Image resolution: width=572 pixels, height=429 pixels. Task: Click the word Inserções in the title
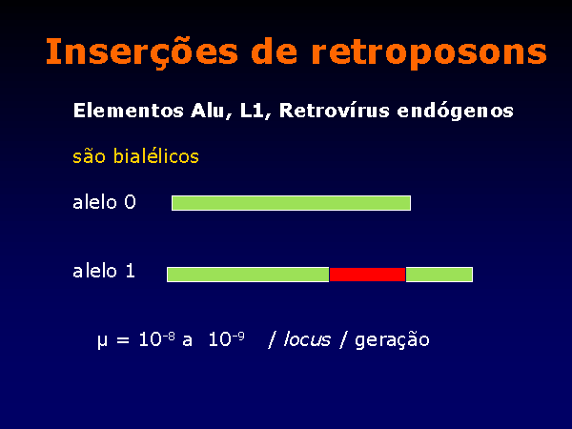pos(142,51)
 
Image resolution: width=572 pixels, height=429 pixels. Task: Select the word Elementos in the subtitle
pos(129,111)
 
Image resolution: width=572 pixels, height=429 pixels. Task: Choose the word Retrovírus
pos(335,111)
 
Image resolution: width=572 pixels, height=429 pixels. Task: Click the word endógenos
pos(455,112)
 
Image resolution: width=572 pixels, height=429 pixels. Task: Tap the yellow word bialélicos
pos(155,156)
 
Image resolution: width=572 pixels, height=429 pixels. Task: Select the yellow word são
pos(89,157)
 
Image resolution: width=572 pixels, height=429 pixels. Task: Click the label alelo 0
pos(104,202)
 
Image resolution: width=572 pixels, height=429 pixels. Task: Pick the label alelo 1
pos(104,271)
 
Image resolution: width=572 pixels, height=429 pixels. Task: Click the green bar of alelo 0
pos(291,203)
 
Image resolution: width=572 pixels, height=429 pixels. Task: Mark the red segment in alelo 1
pos(367,275)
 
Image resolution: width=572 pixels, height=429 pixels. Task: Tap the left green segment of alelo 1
pos(248,275)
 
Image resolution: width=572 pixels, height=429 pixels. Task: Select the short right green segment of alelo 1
pos(439,275)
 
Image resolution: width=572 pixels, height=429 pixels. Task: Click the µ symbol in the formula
pos(103,341)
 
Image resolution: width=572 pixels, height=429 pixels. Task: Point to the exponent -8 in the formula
pos(169,337)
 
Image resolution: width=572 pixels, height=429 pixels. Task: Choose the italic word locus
pos(307,340)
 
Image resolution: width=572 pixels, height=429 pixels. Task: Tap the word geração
pos(392,340)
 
